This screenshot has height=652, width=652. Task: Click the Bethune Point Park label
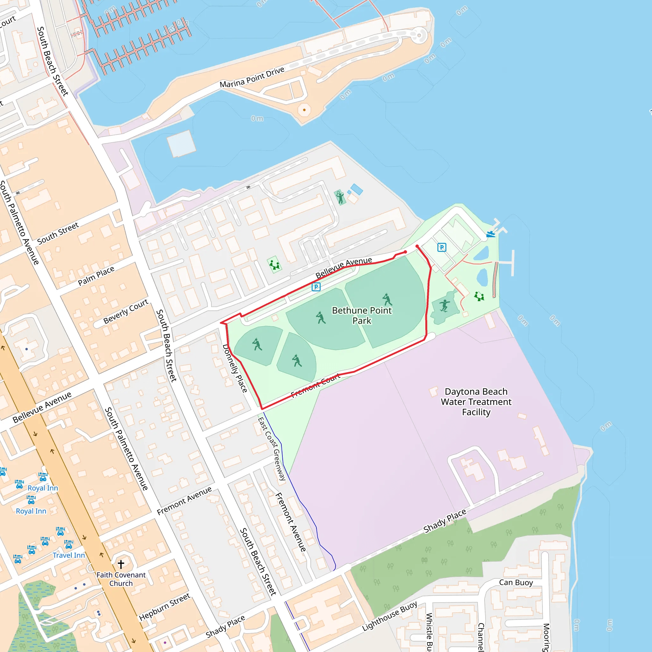tap(362, 315)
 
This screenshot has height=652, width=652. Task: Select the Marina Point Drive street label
tap(252, 77)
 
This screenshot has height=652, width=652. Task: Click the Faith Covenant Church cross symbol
tap(121, 564)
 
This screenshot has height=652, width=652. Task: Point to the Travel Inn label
tap(68, 555)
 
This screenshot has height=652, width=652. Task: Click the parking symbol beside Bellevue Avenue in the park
tap(316, 287)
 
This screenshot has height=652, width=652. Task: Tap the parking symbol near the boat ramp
tap(442, 247)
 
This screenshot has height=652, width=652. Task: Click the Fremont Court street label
tap(315, 386)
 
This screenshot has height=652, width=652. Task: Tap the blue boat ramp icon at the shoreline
tap(491, 234)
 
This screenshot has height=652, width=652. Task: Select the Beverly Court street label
tap(125, 311)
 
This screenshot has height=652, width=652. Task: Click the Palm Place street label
tap(96, 276)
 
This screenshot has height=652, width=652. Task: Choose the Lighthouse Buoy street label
tap(389, 616)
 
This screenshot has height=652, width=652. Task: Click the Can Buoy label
tap(516, 583)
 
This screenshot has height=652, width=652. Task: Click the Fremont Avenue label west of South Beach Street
tap(184, 500)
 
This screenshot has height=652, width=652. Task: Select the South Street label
tap(58, 233)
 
